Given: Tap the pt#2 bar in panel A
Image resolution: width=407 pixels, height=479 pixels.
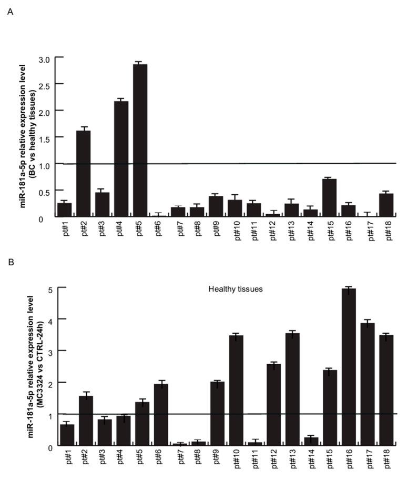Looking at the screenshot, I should [83, 174].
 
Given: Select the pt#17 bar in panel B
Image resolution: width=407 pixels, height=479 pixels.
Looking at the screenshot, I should [368, 384].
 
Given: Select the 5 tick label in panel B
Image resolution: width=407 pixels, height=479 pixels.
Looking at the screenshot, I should [49, 289].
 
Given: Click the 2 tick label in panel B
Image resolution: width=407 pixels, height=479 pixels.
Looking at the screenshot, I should [49, 383].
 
